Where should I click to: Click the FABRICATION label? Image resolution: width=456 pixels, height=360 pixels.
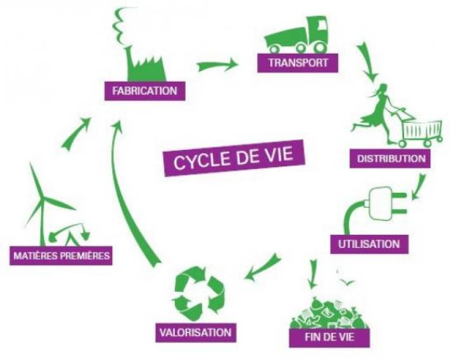[x=145, y=91]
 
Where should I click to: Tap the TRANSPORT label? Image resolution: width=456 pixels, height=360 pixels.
[x=298, y=63]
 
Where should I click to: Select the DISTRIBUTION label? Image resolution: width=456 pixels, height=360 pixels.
[x=390, y=158]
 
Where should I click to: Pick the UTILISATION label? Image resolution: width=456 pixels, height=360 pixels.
[x=369, y=244]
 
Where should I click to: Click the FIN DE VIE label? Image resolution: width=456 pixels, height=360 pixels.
[x=329, y=337]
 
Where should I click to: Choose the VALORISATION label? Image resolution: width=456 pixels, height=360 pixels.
[x=196, y=332]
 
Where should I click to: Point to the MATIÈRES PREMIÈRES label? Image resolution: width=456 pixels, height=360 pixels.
[x=61, y=256]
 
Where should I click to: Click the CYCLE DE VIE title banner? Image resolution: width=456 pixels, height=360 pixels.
[x=234, y=158]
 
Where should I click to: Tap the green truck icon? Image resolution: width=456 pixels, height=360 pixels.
[x=296, y=35]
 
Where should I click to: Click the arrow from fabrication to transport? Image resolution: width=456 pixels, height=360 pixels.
[x=217, y=65]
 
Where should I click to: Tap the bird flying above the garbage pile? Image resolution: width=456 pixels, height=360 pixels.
[x=348, y=282]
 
